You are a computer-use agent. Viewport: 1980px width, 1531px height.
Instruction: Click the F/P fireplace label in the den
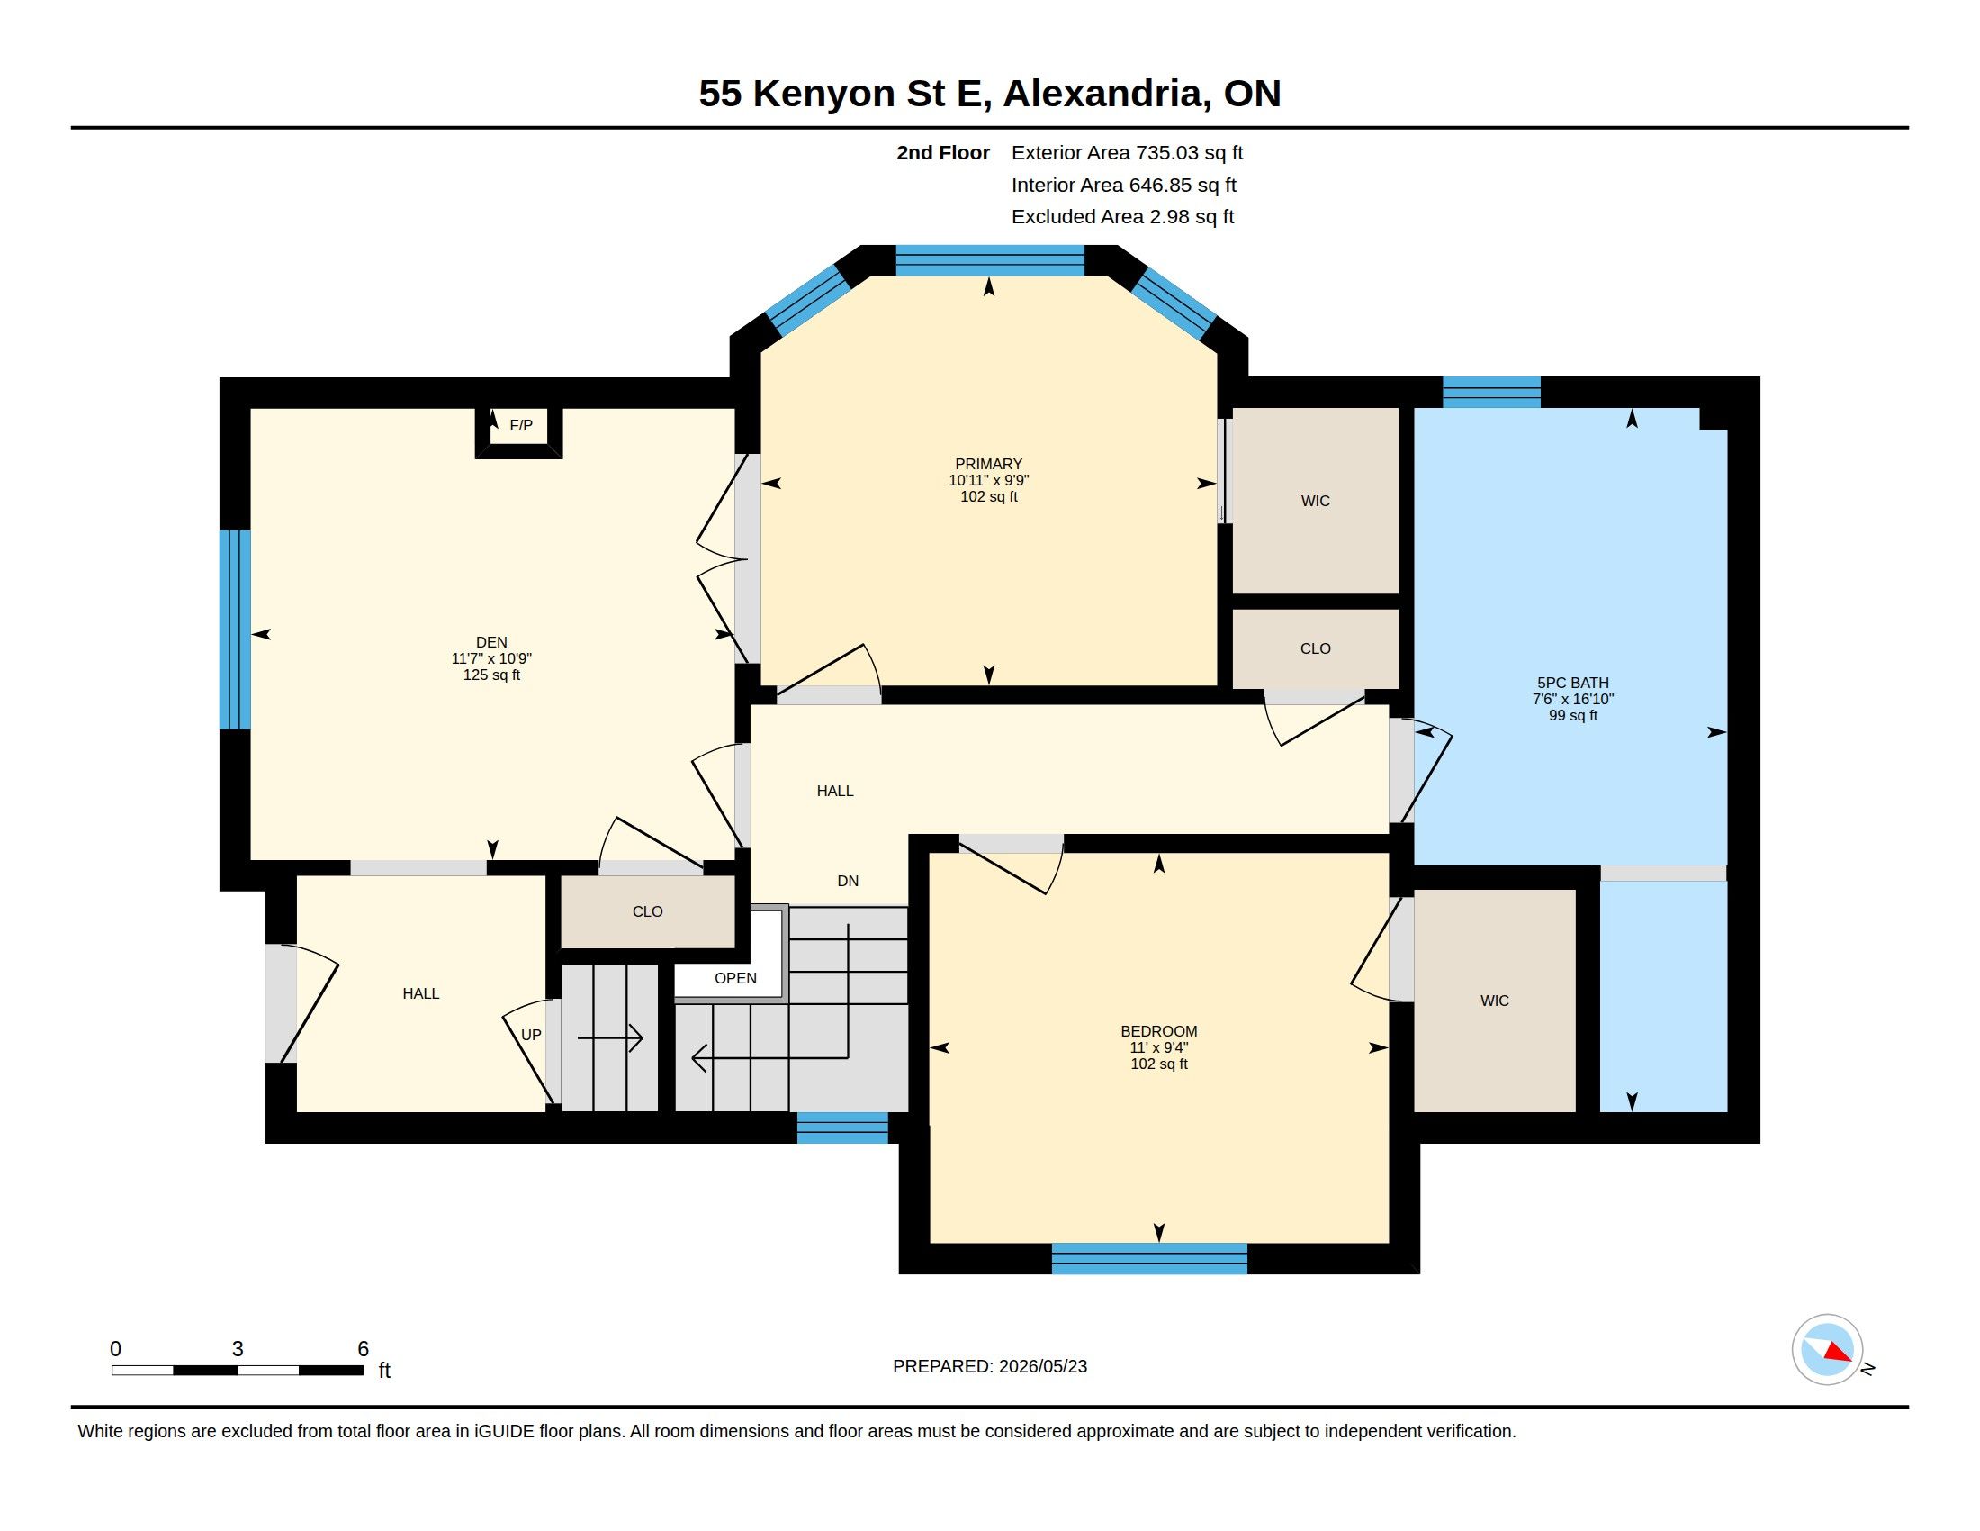click(x=520, y=425)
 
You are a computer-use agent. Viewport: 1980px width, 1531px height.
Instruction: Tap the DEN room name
click(x=491, y=642)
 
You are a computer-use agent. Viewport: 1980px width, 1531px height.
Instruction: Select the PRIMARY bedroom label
click(x=988, y=464)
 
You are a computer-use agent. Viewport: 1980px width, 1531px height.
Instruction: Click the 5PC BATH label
click(x=1573, y=683)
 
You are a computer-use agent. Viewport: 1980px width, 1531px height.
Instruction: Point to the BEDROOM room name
click(x=1158, y=1031)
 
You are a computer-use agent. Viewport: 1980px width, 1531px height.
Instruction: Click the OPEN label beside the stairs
click(x=735, y=978)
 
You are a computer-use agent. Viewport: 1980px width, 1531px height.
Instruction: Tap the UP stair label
click(x=531, y=1035)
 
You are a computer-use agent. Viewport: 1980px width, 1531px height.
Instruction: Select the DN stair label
click(x=848, y=881)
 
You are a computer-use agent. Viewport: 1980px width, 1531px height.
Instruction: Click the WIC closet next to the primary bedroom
click(x=1316, y=501)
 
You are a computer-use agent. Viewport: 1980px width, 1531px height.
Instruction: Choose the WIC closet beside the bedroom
click(x=1495, y=1001)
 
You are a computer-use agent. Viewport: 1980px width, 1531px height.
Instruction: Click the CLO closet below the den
click(x=647, y=911)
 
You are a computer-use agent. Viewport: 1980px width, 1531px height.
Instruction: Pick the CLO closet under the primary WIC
click(x=1316, y=648)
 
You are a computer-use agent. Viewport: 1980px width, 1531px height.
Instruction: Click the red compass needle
click(x=1838, y=1353)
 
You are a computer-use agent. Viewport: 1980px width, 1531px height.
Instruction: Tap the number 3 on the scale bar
click(x=238, y=1349)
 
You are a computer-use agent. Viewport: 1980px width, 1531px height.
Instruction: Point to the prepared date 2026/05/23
click(x=1042, y=1366)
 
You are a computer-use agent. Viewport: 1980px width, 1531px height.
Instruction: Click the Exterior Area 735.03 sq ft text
click(x=1127, y=152)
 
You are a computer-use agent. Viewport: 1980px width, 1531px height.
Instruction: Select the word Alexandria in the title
click(x=1106, y=94)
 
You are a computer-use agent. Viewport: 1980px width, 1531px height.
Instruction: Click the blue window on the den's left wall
click(x=236, y=630)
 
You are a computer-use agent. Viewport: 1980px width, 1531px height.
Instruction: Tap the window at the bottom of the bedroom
click(x=1149, y=1259)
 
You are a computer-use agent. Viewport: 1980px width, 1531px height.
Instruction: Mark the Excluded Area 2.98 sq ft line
click(x=1122, y=217)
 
